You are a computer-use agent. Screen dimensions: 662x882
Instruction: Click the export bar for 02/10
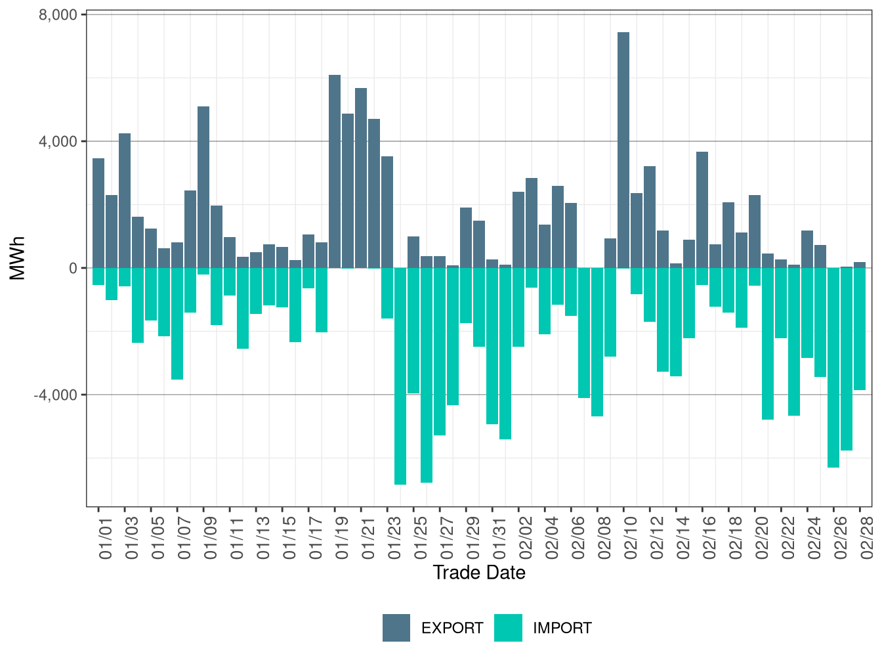click(x=623, y=150)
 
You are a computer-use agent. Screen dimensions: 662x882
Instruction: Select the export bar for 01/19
click(x=335, y=171)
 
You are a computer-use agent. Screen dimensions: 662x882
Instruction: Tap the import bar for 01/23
click(x=400, y=376)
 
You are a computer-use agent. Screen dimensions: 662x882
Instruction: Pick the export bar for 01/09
click(x=203, y=187)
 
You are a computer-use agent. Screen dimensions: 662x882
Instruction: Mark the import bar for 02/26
click(x=833, y=368)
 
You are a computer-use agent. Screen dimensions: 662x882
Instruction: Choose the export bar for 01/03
click(x=125, y=200)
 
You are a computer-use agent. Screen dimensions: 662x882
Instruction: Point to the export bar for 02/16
click(x=702, y=210)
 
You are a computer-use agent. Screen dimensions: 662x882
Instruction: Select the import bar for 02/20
click(x=768, y=343)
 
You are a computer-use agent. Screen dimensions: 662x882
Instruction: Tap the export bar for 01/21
click(x=361, y=178)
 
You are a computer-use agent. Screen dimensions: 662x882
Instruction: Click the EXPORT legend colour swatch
click(x=396, y=628)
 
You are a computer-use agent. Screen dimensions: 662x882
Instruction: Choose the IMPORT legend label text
click(x=562, y=629)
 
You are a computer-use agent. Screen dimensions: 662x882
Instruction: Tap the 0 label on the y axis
click(x=73, y=268)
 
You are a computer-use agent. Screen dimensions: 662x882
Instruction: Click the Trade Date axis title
click(x=479, y=573)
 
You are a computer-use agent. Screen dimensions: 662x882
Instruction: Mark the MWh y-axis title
click(x=18, y=258)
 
